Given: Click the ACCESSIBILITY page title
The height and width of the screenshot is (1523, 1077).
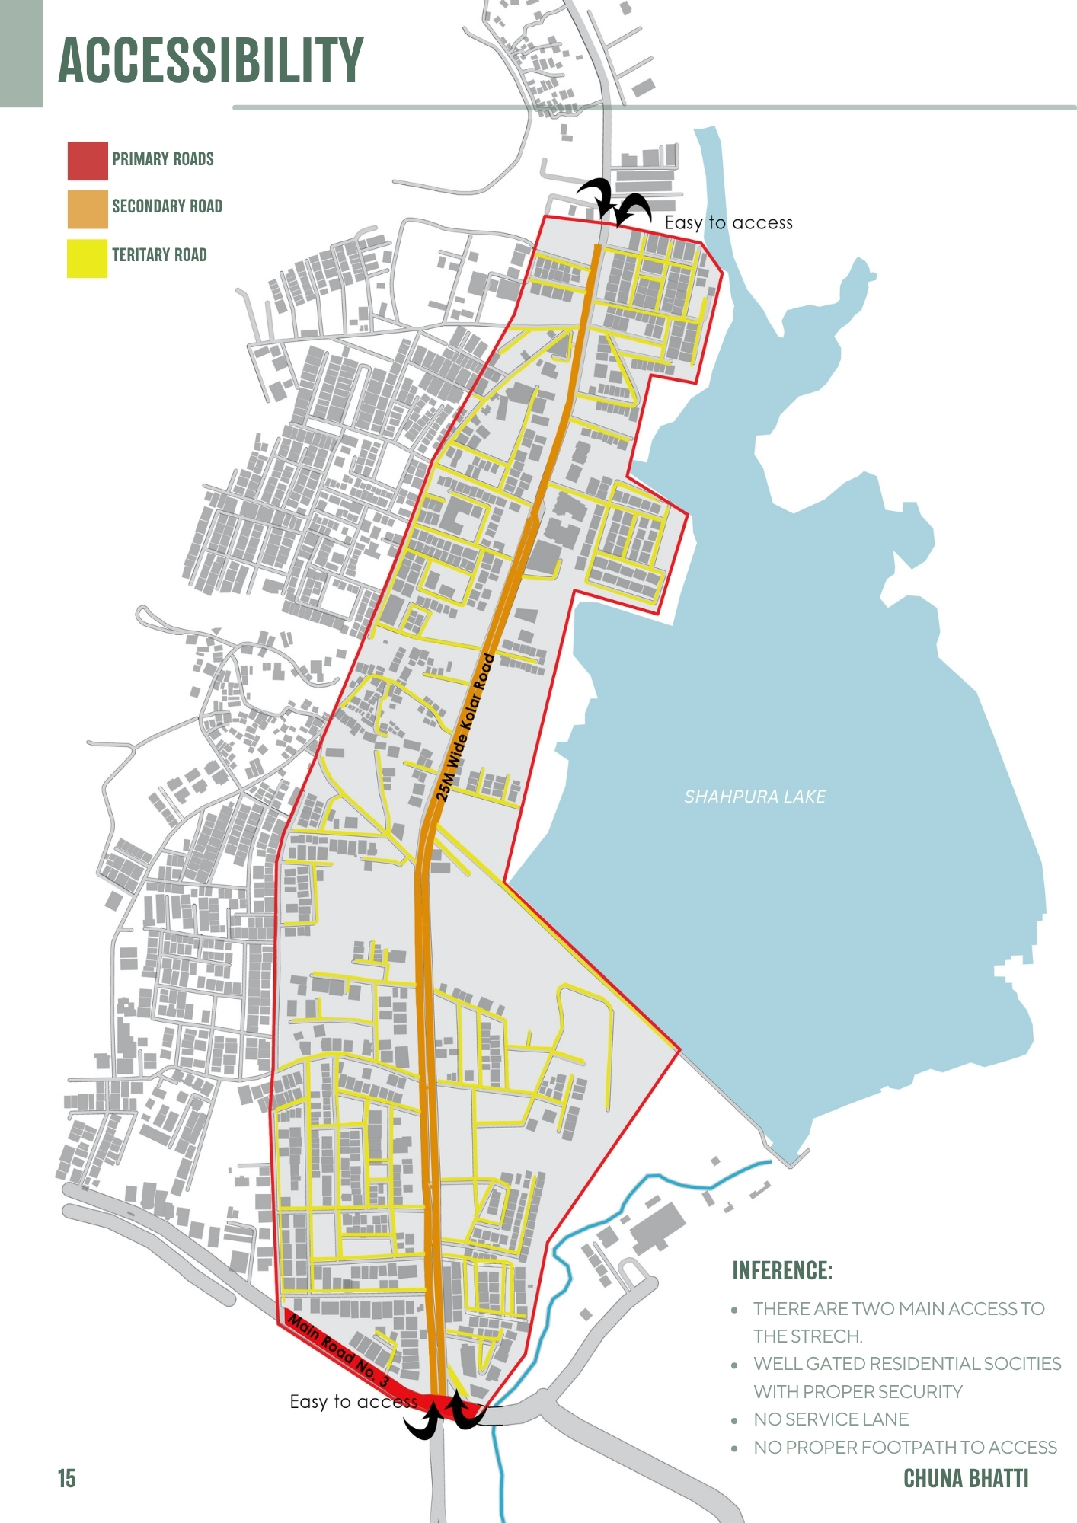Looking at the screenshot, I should point(211,60).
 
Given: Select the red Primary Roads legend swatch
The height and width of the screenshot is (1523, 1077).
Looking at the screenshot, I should point(88,161).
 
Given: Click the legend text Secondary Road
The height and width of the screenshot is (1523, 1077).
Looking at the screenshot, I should point(167,206).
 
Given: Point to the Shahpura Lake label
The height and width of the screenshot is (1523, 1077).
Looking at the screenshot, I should point(754,797).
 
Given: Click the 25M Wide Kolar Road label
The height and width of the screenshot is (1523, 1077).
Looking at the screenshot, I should point(465,727).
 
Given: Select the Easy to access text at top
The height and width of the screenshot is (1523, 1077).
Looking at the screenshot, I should point(728,223).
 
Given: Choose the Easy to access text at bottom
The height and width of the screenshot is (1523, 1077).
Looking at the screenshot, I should point(353,1402).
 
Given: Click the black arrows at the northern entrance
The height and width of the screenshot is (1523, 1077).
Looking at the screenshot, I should point(614,201).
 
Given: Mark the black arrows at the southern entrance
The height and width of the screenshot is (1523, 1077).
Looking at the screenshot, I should point(446,1415).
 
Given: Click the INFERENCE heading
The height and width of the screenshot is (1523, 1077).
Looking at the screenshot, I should point(781,1270).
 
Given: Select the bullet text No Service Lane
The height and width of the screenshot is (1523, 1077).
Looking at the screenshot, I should point(831,1419).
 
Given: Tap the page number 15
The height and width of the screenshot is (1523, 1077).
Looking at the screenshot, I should point(67,1478).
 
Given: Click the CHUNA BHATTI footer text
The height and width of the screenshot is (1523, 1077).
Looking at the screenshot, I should point(965,1478).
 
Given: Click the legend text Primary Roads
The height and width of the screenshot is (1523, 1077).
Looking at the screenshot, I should point(163,159).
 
